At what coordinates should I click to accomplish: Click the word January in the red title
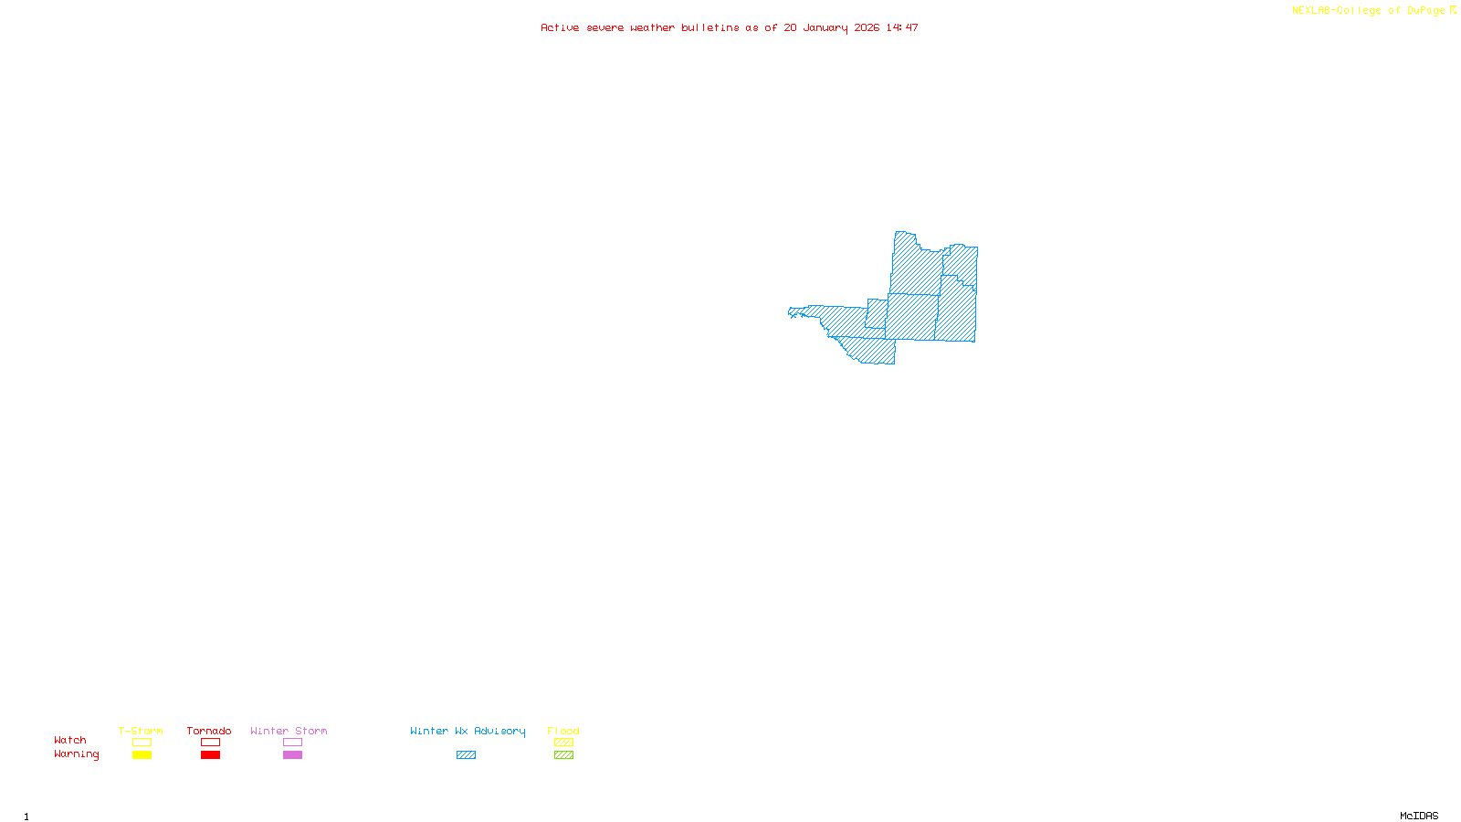[825, 28]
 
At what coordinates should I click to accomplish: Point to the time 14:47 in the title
[902, 28]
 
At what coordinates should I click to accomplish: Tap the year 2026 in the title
[867, 28]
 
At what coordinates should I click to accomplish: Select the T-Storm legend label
[141, 731]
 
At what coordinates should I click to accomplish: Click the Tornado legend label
[209, 731]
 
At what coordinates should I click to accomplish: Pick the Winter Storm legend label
[289, 731]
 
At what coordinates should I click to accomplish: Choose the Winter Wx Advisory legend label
[468, 731]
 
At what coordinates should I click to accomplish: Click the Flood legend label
[563, 731]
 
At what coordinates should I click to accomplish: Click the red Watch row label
[70, 741]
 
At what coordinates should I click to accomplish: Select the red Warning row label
[76, 754]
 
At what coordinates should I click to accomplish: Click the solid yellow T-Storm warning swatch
[142, 755]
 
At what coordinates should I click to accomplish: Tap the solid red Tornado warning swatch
[210, 755]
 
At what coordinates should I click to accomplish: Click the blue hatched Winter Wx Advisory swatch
[466, 755]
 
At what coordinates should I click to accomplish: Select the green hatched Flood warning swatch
[563, 755]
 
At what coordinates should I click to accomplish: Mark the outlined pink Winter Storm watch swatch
[292, 743]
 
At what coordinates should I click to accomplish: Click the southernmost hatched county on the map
[872, 351]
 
